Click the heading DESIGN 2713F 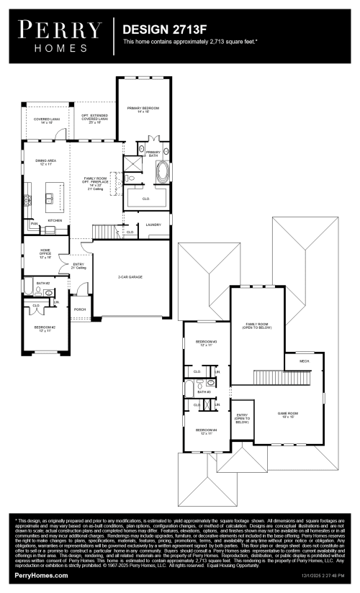click(x=158, y=30)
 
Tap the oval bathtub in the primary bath click(x=162, y=173)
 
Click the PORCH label click(x=79, y=310)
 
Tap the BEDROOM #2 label click(x=45, y=328)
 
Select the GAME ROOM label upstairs click(x=289, y=415)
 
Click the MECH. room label click(x=305, y=361)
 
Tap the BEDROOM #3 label click(x=207, y=343)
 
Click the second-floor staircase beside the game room click(x=281, y=379)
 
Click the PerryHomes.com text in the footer click(x=41, y=576)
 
